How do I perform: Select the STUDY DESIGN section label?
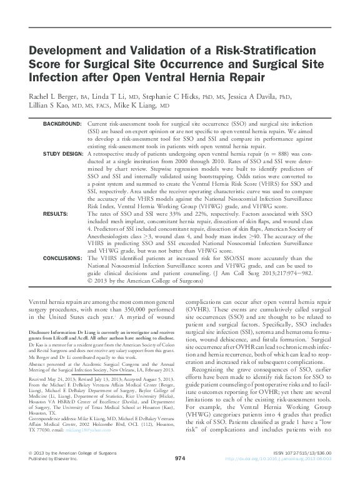pyautogui.click(x=62, y=153)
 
